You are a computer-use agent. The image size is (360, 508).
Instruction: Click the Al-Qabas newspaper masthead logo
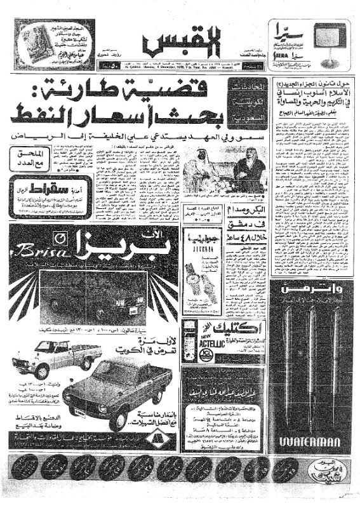click(x=180, y=43)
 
